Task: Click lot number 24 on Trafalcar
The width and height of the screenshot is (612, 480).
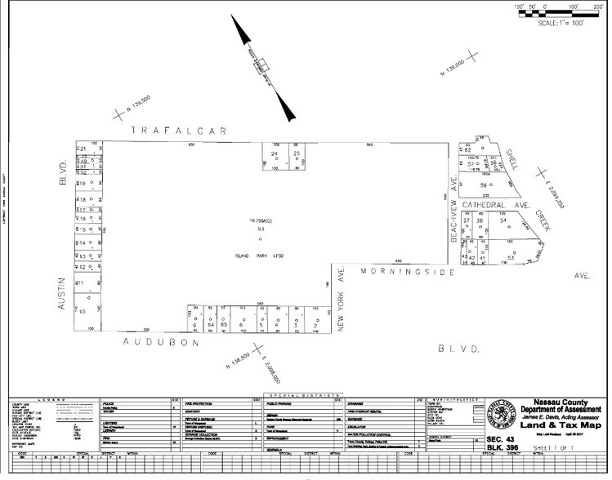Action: pos(275,153)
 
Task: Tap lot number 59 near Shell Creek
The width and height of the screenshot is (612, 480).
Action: pos(483,185)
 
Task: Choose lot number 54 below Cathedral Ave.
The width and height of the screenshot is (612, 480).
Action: pos(504,221)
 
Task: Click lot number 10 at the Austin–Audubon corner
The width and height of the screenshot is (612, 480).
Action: pos(82,312)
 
